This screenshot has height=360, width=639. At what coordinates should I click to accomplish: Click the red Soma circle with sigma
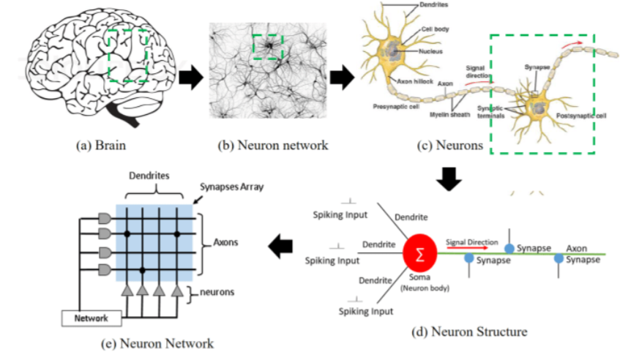coord(420,254)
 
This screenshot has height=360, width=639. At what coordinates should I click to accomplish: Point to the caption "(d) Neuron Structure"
coord(469,331)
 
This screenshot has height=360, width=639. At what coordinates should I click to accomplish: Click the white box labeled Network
coord(90,318)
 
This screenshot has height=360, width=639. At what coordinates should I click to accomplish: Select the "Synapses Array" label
coord(233,187)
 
